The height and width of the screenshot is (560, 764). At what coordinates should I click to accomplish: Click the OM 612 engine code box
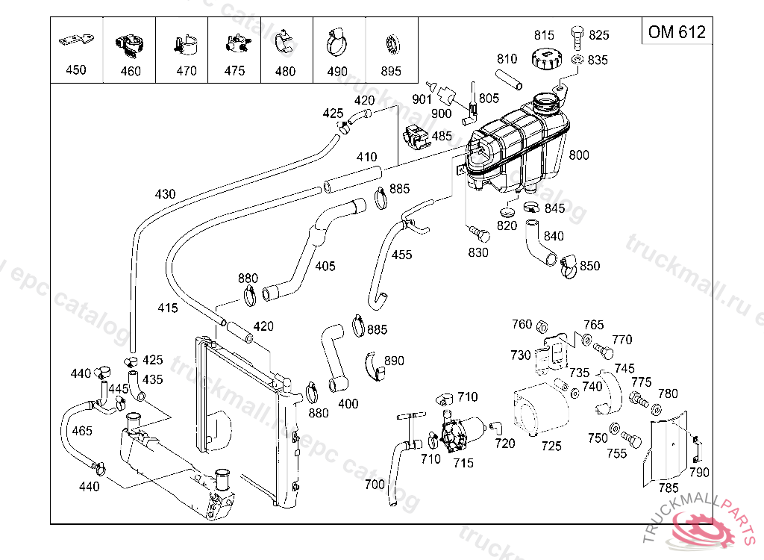pos(677,32)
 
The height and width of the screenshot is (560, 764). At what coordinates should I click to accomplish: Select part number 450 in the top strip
pos(76,70)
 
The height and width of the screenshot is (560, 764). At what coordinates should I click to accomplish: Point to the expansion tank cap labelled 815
pos(545,58)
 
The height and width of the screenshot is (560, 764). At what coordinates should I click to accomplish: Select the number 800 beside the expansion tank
pos(579,155)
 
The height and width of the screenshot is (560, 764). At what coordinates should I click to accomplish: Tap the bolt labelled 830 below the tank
pos(482,235)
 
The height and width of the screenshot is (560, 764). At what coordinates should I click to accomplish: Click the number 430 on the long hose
pos(165,194)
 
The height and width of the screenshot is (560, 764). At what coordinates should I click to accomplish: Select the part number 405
pos(325,266)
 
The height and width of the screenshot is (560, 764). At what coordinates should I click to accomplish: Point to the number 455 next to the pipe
pos(401,255)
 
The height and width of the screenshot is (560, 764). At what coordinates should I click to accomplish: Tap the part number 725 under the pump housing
pos(551,447)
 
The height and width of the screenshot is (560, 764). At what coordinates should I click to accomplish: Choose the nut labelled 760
pos(545,326)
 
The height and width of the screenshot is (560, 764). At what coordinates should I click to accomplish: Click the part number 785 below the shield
pos(668,488)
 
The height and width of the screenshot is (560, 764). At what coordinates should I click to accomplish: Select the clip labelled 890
pos(375,364)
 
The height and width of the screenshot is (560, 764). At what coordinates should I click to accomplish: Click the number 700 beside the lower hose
pos(375,485)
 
